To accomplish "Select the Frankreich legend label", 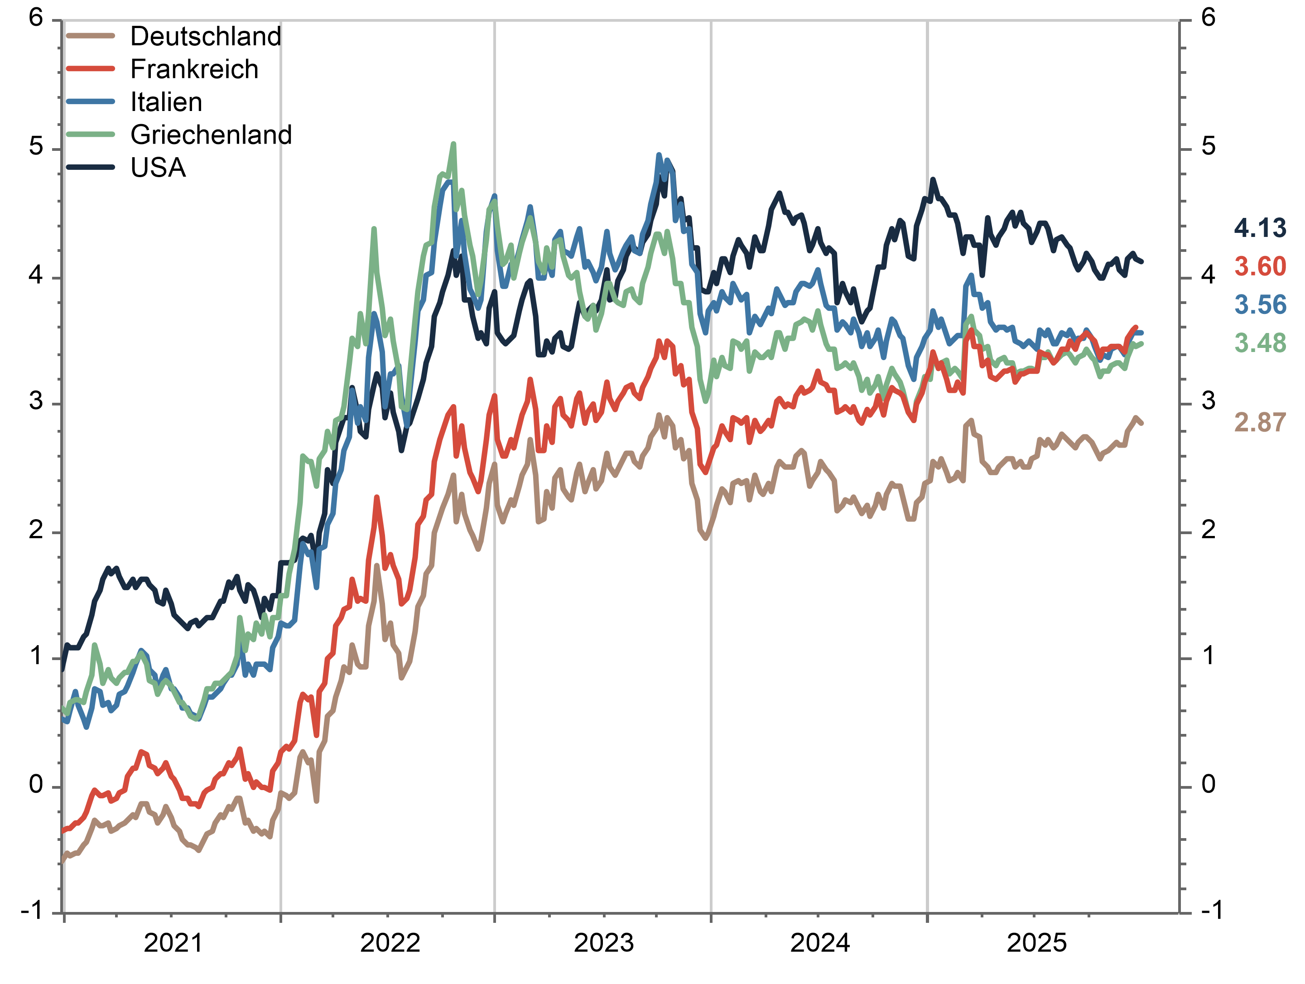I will point(194,70).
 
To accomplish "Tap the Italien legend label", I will point(166,102).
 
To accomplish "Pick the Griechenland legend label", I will point(211,135).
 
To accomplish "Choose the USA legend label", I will point(158,168).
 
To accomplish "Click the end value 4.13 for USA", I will point(1260,228).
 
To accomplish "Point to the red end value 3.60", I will point(1260,267).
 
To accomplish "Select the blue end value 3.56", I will point(1260,305).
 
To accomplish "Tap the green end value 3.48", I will point(1260,343).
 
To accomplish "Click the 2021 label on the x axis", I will point(173,943).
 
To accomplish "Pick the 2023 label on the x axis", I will point(603,943).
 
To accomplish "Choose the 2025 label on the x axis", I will point(1036,943).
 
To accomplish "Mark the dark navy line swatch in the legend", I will point(90,168).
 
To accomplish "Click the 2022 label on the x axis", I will point(390,943).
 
